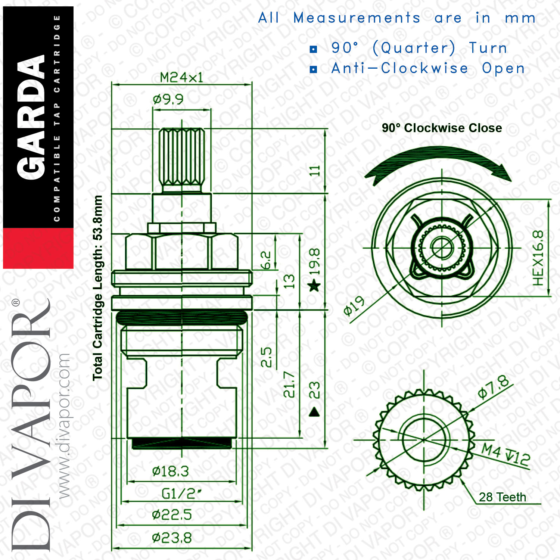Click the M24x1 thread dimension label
(x=181, y=77)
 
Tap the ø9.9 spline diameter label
(x=168, y=99)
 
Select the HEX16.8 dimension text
(x=538, y=258)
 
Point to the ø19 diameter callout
(x=354, y=306)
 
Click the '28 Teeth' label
(x=502, y=497)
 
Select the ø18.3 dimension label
(x=170, y=471)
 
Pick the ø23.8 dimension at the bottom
(x=172, y=538)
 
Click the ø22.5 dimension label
(x=172, y=515)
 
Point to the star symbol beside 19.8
(x=314, y=286)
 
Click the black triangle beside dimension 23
(x=314, y=412)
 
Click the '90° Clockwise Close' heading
(x=442, y=128)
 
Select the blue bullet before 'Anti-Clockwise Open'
(x=314, y=69)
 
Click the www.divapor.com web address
(x=64, y=426)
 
